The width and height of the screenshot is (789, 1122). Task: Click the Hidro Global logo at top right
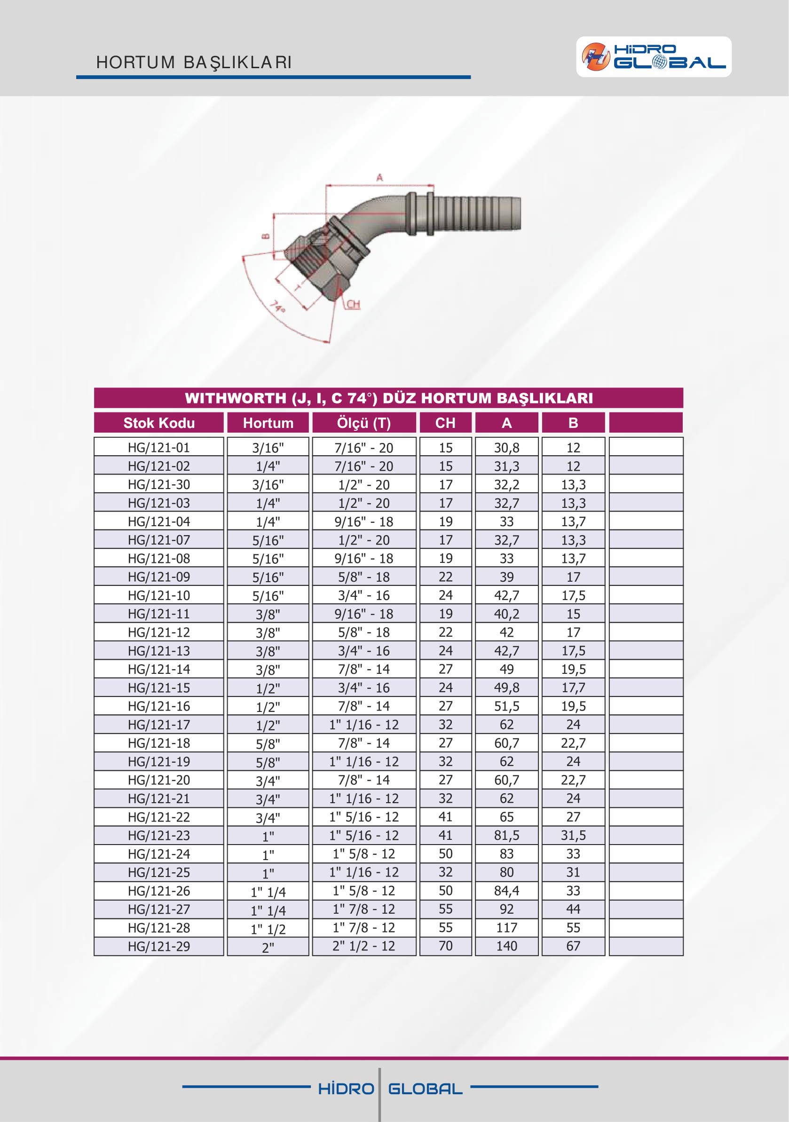tap(653, 57)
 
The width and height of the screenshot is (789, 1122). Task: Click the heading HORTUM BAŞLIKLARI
tap(194, 63)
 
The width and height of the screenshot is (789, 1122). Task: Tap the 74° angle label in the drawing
tap(278, 307)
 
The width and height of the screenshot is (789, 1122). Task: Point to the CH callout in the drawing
tap(353, 304)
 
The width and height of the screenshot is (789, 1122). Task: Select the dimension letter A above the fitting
tap(379, 178)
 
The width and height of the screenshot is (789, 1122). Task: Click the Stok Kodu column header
tap(159, 423)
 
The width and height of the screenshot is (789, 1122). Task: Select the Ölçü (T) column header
tap(364, 423)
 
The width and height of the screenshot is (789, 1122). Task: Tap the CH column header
tap(445, 423)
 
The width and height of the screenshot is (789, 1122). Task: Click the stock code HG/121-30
tap(159, 484)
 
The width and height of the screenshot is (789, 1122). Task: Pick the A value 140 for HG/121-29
tap(506, 946)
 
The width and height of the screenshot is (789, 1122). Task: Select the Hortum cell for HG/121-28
tap(268, 928)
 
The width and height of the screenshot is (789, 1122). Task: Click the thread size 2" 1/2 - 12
tap(364, 946)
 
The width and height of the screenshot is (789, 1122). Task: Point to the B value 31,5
tap(573, 836)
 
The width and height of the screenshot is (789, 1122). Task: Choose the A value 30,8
tap(506, 448)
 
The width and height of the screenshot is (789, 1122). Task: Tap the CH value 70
tap(445, 946)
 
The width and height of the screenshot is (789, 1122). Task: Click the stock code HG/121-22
tap(159, 817)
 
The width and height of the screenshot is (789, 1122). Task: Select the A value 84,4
tap(506, 891)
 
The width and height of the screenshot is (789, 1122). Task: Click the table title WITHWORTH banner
tap(388, 398)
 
